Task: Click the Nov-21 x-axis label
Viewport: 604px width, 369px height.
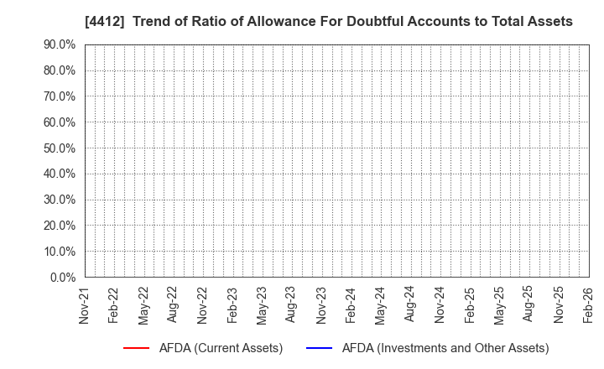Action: [84, 307]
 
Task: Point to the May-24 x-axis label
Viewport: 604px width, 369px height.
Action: [380, 307]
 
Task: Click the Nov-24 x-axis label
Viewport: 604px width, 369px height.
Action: [440, 307]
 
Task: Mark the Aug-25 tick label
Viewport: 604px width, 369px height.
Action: [528, 307]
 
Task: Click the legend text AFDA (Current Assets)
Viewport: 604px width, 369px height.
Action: [221, 348]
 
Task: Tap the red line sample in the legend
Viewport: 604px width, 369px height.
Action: [137, 348]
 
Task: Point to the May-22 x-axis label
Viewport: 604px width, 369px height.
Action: [143, 307]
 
